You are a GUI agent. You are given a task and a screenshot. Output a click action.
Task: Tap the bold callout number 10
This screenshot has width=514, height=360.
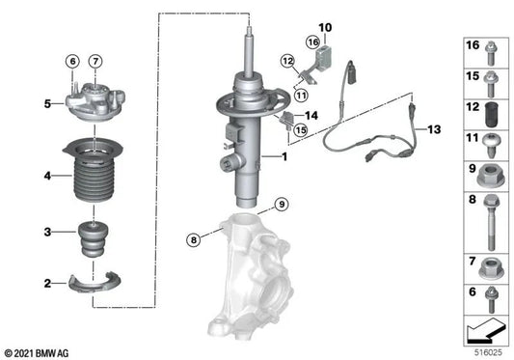click(324, 27)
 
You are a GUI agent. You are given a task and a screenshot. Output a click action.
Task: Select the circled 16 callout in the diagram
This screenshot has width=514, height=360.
click(311, 43)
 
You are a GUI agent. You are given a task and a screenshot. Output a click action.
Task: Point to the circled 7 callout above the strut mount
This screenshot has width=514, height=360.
click(95, 64)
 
